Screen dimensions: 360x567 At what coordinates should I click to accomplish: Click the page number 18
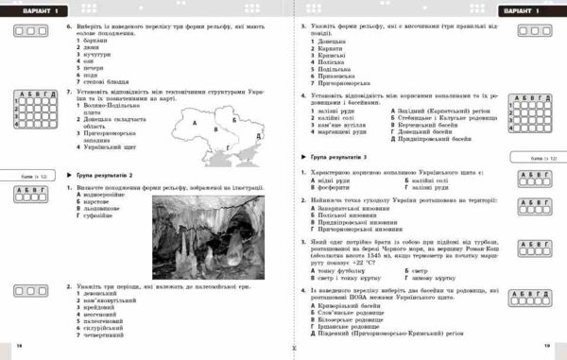tap(19, 347)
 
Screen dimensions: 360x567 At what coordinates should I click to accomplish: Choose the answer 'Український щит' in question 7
tap(112, 149)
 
